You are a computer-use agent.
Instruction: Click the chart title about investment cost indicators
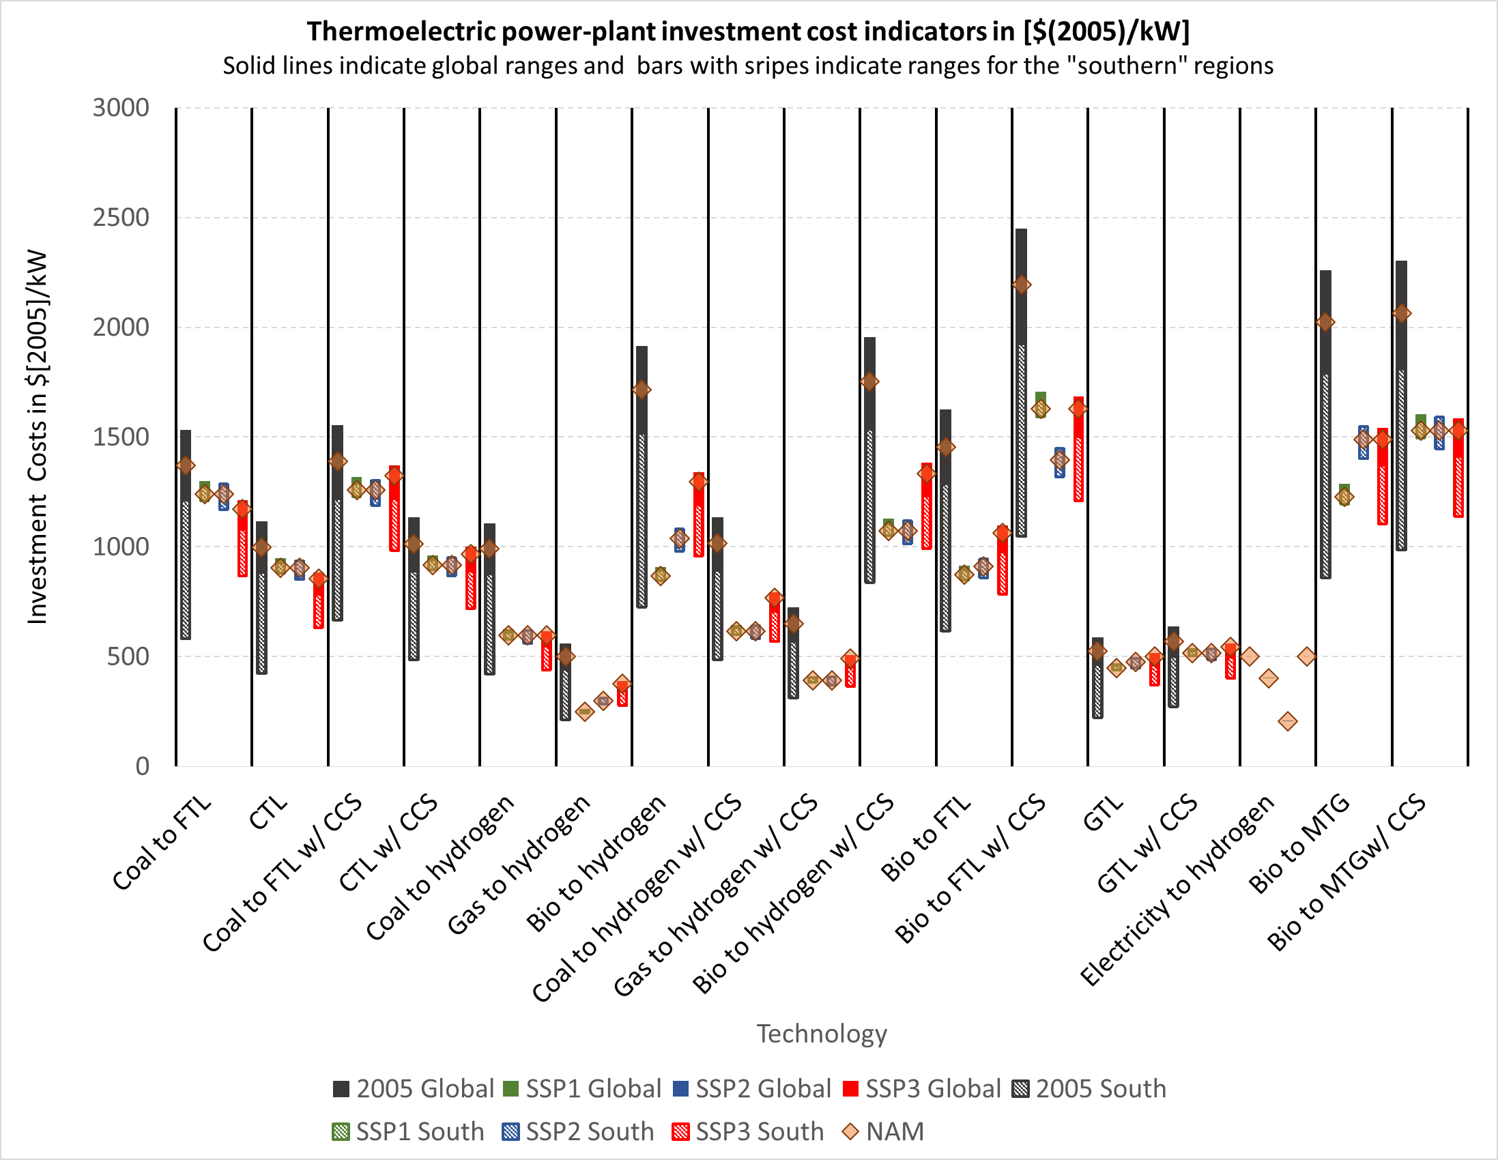coord(747,31)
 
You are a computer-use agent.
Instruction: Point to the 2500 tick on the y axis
coord(121,218)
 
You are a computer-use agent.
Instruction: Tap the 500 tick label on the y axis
coord(128,656)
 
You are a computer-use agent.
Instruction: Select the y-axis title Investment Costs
coord(37,437)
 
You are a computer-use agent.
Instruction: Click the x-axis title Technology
coord(821,1033)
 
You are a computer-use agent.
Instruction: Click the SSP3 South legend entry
coord(748,1131)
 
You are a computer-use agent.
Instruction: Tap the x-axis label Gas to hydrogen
coord(519,866)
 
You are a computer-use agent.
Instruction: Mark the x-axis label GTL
coord(1104,813)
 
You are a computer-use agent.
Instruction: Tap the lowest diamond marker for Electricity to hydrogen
coord(1287,721)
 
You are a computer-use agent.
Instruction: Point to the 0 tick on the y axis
coord(142,766)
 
